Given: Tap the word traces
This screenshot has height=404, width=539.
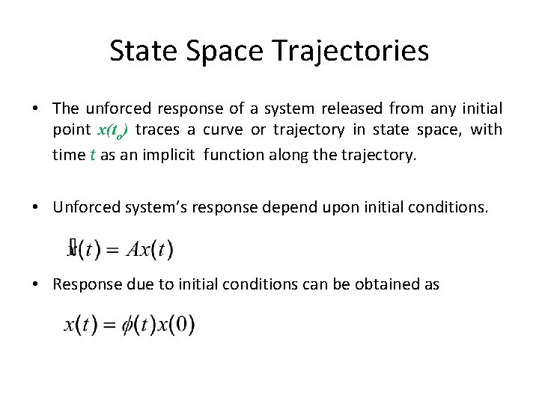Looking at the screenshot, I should [x=159, y=130].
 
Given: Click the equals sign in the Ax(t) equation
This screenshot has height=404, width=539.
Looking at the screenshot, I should [x=112, y=250].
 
